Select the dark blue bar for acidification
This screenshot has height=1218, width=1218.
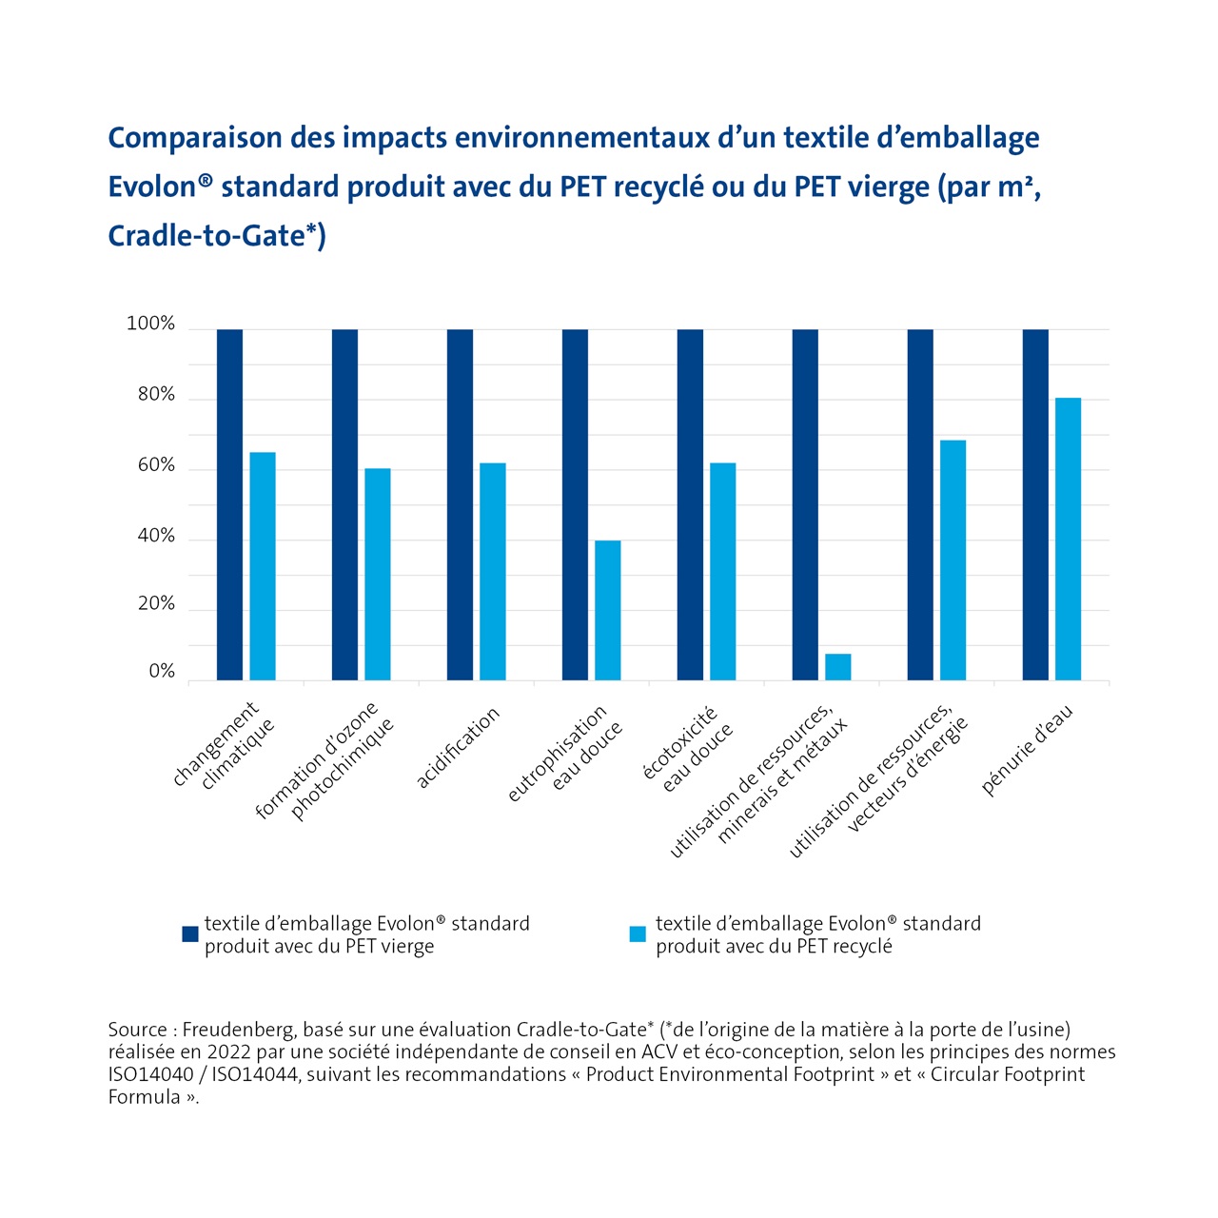460,504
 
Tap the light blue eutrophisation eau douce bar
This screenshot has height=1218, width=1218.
607,610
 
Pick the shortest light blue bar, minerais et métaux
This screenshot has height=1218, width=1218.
837,667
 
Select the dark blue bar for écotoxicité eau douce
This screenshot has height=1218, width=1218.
690,504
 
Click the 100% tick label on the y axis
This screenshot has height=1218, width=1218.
150,324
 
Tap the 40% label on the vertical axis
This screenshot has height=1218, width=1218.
156,537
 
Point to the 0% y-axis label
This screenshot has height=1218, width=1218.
162,672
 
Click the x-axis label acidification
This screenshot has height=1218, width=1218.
458,748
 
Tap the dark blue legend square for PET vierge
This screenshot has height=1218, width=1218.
190,934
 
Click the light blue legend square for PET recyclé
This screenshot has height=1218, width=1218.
638,934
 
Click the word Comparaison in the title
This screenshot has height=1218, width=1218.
195,139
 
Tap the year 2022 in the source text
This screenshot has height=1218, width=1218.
228,1052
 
